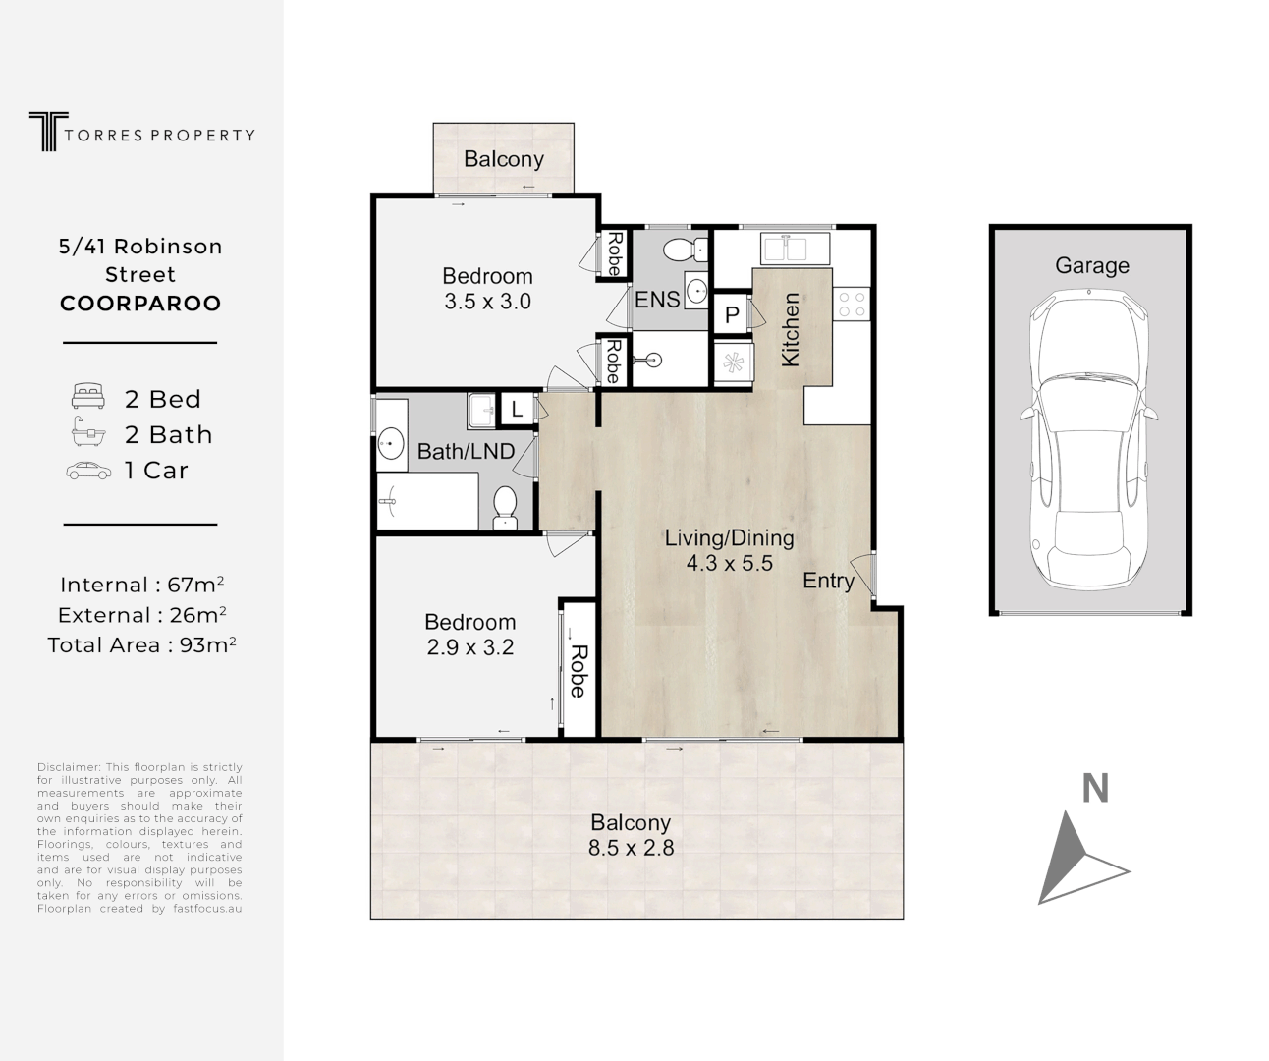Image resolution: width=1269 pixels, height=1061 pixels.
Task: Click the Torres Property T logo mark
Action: (x=44, y=132)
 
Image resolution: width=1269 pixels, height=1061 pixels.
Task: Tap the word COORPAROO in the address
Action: (x=140, y=304)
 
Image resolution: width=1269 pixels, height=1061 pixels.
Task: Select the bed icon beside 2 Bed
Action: (x=88, y=398)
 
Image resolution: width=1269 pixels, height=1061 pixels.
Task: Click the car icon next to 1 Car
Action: (x=88, y=471)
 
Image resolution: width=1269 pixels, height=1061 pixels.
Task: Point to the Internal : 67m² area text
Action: (x=141, y=585)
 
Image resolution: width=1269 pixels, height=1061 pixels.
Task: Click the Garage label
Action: (x=1091, y=265)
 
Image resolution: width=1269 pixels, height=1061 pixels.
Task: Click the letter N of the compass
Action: (x=1095, y=789)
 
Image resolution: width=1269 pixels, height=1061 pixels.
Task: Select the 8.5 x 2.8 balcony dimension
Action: (x=631, y=848)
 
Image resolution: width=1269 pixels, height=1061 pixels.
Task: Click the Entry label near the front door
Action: (x=828, y=581)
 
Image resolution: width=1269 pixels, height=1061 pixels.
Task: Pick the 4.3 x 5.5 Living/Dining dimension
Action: (x=730, y=563)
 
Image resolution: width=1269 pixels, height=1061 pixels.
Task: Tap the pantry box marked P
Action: (x=731, y=315)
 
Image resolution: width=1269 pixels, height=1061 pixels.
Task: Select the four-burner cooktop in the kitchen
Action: (x=851, y=304)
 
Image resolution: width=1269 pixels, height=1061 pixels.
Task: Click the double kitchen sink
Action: (x=794, y=246)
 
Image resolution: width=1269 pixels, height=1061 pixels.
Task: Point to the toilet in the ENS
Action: (x=681, y=249)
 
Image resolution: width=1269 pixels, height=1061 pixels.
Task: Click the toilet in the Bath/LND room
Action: (x=505, y=506)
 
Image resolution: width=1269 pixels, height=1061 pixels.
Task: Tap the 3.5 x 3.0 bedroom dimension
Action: (x=487, y=302)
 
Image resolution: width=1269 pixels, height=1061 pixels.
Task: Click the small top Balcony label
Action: (x=503, y=159)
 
